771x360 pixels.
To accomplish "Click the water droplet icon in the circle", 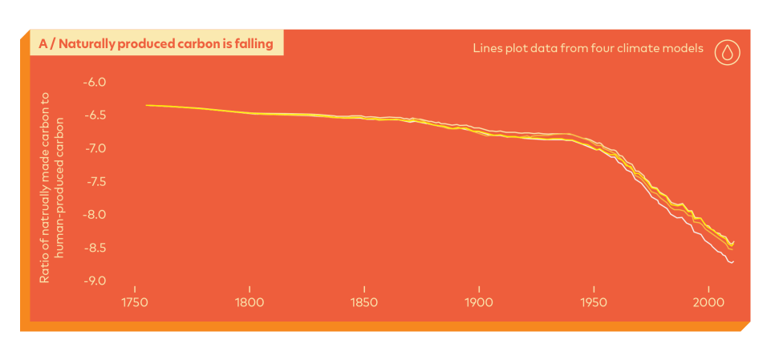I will [x=727, y=52].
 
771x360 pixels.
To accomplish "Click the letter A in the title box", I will [x=43, y=43].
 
